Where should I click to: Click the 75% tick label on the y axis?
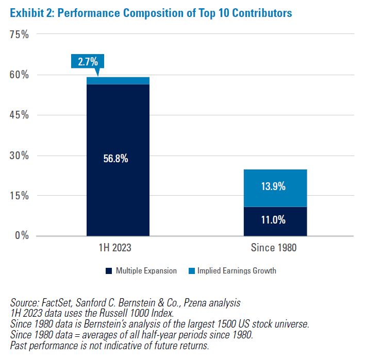(19, 35)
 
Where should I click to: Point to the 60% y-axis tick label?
(19, 75)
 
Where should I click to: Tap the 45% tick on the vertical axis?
(19, 115)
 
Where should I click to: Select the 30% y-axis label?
(19, 156)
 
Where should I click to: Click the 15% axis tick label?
(19, 196)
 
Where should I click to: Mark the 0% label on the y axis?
(22, 236)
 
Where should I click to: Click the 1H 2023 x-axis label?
(118, 248)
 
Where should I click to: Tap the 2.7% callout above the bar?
(88, 62)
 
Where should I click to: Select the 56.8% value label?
(118, 159)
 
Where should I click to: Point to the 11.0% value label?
(275, 220)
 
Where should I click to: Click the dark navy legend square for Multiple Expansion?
(109, 271)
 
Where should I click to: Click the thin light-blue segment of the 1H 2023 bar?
(118, 80)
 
